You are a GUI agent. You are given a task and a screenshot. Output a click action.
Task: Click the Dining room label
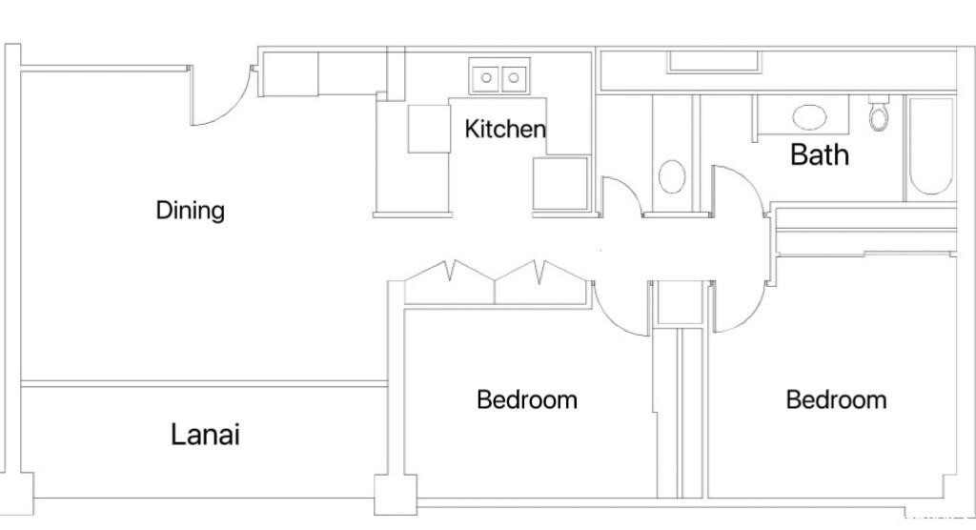[x=190, y=211]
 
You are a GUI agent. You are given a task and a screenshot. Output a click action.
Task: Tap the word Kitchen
[x=505, y=129]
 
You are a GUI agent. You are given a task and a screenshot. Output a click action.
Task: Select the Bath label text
[x=819, y=154]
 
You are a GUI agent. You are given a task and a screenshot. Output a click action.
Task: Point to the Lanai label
[x=206, y=434]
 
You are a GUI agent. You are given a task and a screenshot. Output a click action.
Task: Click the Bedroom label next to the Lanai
[x=527, y=399]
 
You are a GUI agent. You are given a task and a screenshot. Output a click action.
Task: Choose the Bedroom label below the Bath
[x=836, y=399]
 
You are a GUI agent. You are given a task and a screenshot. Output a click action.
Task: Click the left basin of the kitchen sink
[x=486, y=78]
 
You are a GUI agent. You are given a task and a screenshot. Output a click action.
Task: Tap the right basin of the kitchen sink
[x=514, y=78]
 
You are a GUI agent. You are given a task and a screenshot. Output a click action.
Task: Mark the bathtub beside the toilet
[x=930, y=147]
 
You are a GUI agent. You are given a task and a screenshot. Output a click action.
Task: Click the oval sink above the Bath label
[x=809, y=116]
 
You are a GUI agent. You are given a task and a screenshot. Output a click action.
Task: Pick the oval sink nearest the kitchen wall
[x=672, y=176]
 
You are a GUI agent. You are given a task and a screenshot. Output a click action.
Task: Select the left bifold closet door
[x=450, y=274]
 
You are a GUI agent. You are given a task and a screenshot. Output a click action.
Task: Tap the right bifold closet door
[x=540, y=274]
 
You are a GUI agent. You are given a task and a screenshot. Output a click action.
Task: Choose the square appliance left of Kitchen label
[x=430, y=129]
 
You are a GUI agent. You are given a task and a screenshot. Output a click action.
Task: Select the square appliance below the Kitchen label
[x=560, y=183]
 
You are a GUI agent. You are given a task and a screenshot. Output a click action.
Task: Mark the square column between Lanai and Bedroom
[x=396, y=495]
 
